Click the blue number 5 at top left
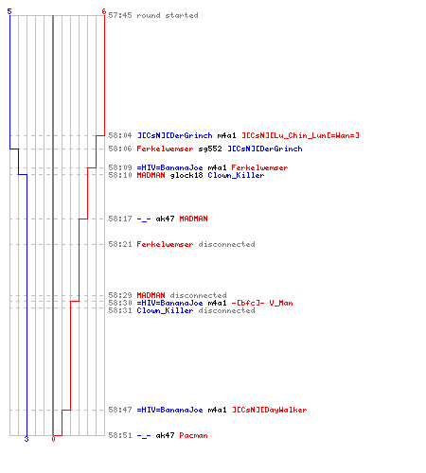(x=9, y=11)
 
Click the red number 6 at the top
(x=103, y=11)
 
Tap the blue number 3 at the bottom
(x=27, y=439)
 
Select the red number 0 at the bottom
(x=53, y=439)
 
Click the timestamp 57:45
(x=120, y=15)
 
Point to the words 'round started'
(x=168, y=15)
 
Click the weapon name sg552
(x=210, y=149)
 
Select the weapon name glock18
(x=186, y=175)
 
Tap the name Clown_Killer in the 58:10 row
(x=236, y=175)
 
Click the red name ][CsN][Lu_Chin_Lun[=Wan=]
(x=300, y=135)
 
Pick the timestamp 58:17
(x=120, y=219)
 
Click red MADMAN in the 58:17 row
(x=193, y=219)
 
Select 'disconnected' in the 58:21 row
(x=226, y=244)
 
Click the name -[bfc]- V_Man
(x=262, y=303)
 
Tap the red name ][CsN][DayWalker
(x=270, y=410)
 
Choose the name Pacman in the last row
(x=193, y=435)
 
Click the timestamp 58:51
(x=120, y=435)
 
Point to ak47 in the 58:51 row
(x=165, y=435)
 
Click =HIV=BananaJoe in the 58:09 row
(x=169, y=167)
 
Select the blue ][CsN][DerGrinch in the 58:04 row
(x=175, y=135)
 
